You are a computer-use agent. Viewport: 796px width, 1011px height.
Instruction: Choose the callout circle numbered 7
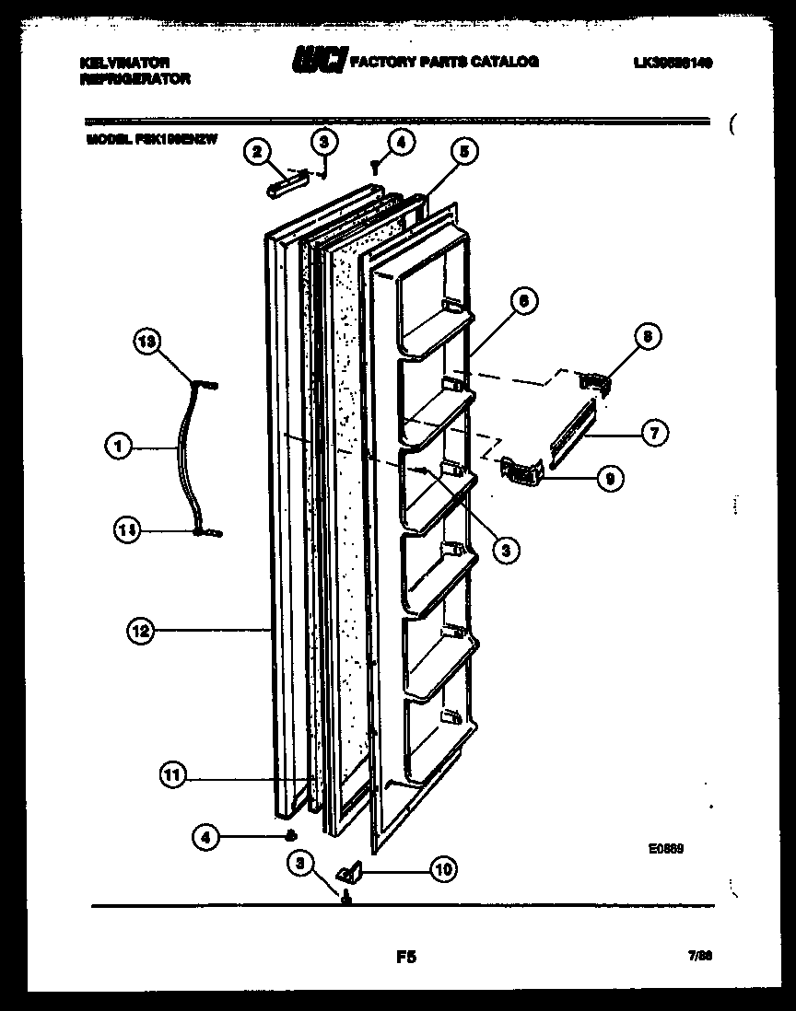pos(654,433)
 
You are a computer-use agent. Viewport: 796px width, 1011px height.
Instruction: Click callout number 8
pos(647,338)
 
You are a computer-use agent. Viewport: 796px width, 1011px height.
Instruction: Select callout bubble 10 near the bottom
pos(443,867)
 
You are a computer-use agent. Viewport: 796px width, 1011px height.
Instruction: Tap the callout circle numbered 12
pos(141,631)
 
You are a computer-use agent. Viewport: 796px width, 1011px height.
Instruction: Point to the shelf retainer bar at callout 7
pos(573,433)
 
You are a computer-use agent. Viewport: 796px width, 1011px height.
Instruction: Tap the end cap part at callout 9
pos(520,471)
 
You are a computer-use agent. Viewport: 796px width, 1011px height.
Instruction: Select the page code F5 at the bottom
pos(405,958)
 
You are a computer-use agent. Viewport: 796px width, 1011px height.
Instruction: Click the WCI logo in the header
pos(319,61)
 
